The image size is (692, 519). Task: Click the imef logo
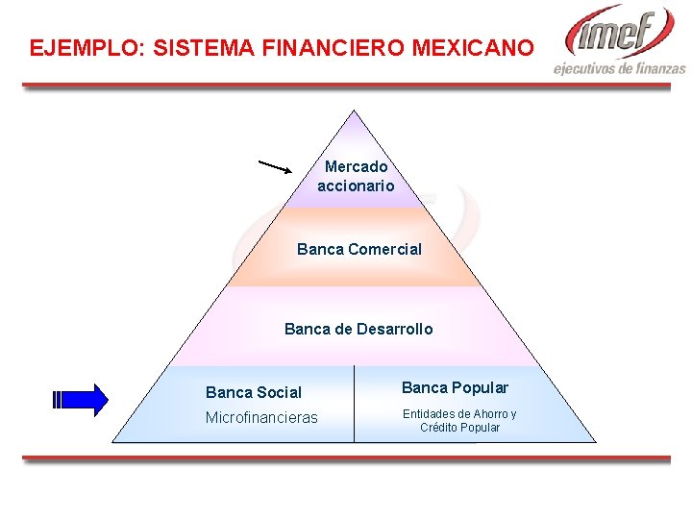[x=621, y=31]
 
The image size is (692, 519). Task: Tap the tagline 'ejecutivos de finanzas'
[x=620, y=68]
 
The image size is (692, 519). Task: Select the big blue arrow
[x=82, y=400]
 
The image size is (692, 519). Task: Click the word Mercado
[x=356, y=167]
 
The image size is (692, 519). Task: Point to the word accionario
[x=356, y=185]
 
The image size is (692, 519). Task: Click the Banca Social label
[x=254, y=392]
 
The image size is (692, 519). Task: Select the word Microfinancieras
[x=261, y=417]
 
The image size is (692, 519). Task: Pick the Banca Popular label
[x=455, y=387]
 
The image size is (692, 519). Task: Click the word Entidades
[x=428, y=414]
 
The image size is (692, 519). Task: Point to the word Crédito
[x=439, y=428]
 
